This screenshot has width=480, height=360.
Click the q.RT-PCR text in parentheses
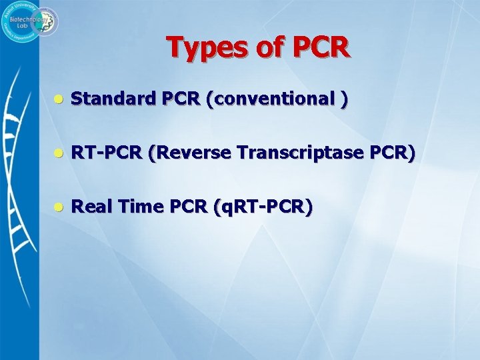[x=262, y=207]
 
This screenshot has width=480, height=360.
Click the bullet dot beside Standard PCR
[x=59, y=99]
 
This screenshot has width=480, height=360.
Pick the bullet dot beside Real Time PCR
[x=59, y=207]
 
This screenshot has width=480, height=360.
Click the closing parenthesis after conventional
[x=344, y=99]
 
